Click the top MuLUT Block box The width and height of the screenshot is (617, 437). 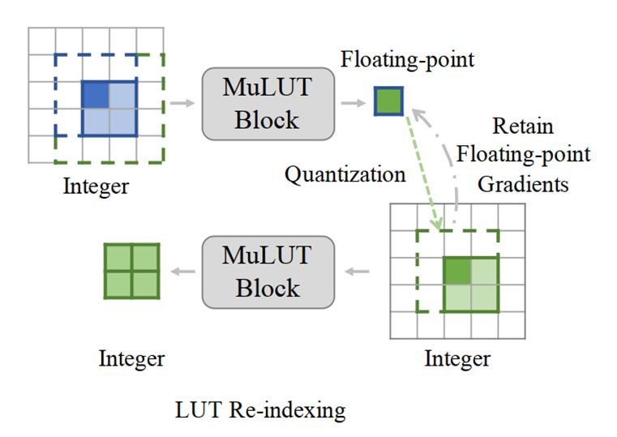coord(268,103)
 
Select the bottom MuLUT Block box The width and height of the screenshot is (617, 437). coord(268,272)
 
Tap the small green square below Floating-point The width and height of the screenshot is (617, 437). coord(388,101)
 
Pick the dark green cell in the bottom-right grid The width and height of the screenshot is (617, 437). coord(457,269)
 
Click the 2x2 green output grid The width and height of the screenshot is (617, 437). coord(131,271)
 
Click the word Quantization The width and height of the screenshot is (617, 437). coord(345,174)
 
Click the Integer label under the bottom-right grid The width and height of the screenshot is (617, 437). coord(457,358)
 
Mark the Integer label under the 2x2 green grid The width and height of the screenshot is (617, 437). coord(131,358)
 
